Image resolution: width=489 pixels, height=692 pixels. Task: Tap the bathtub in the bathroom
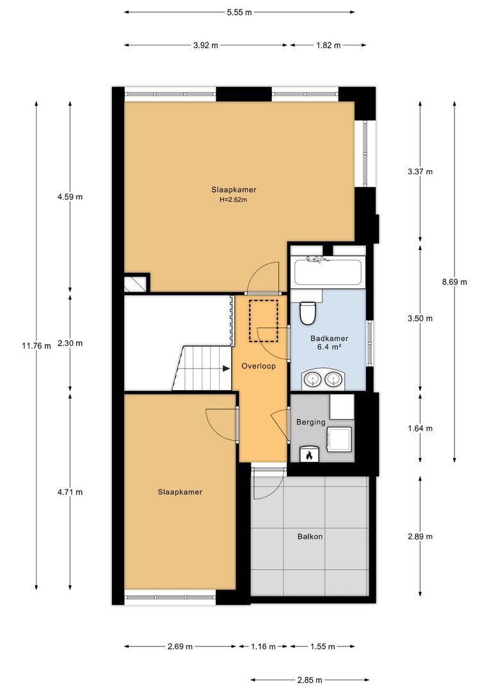[x=328, y=272]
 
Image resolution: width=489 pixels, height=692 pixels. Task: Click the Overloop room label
[x=259, y=366]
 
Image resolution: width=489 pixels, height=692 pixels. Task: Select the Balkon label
[x=310, y=537]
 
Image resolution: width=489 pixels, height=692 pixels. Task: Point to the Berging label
[x=311, y=422]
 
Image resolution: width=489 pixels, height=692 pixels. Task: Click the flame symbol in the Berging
[x=309, y=454]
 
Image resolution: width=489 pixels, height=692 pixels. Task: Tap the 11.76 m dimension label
[x=36, y=346]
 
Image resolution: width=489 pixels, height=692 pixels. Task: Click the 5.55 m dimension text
[x=239, y=12]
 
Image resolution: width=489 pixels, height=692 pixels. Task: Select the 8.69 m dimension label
[x=454, y=282]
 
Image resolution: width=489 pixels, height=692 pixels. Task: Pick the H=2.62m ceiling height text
[x=233, y=199]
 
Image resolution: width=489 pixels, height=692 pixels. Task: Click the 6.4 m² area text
[x=330, y=347]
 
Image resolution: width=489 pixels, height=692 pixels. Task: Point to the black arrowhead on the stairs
[x=227, y=368]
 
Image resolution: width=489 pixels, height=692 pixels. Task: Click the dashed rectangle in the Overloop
[x=263, y=320]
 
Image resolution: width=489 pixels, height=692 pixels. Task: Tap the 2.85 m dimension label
[x=310, y=680]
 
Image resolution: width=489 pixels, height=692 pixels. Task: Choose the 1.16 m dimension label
[x=263, y=647]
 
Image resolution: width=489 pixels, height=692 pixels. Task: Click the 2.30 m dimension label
[x=70, y=343]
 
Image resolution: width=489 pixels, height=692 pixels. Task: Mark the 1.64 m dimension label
[x=421, y=429]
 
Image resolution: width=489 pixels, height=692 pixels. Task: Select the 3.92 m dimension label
[x=205, y=45]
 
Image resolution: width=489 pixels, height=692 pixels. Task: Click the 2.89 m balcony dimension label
[x=421, y=537]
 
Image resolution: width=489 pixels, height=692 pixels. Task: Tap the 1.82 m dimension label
[x=328, y=45]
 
